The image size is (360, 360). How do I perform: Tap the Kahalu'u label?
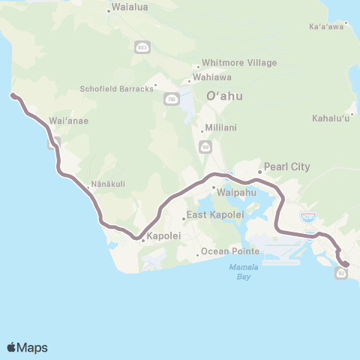[331, 118]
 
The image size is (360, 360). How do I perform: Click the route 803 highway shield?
[142, 46]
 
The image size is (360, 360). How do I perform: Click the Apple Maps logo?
[27, 347]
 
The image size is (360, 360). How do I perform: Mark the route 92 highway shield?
[342, 274]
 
